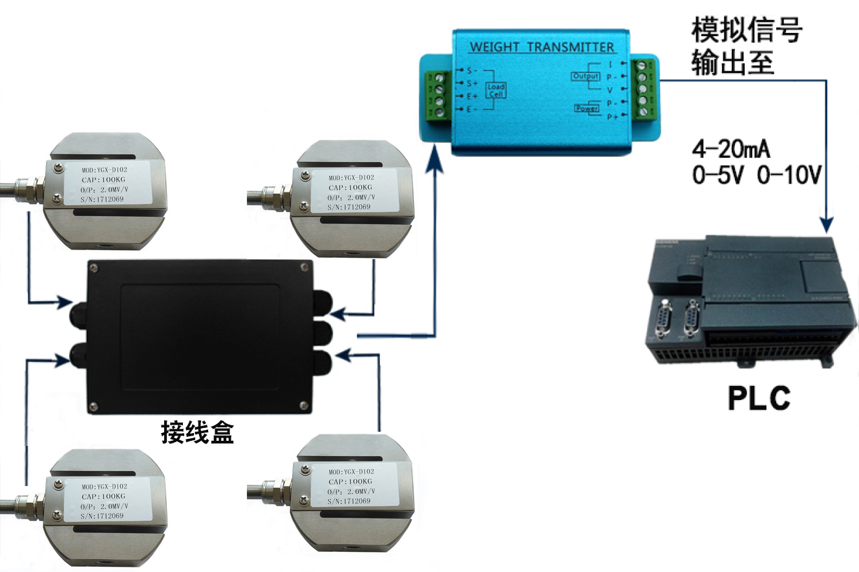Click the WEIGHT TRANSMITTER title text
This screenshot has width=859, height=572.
[x=542, y=47]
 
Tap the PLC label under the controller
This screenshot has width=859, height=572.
[x=759, y=398]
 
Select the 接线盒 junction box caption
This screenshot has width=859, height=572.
[x=197, y=432]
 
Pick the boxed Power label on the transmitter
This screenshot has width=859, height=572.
[x=587, y=109]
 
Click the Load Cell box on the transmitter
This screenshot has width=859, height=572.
[x=496, y=90]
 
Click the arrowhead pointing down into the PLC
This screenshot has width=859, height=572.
[x=826, y=225]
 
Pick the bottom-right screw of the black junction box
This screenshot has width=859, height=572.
[x=303, y=405]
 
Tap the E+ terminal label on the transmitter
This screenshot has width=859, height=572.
[x=472, y=96]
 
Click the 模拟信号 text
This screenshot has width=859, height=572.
[x=747, y=29]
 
